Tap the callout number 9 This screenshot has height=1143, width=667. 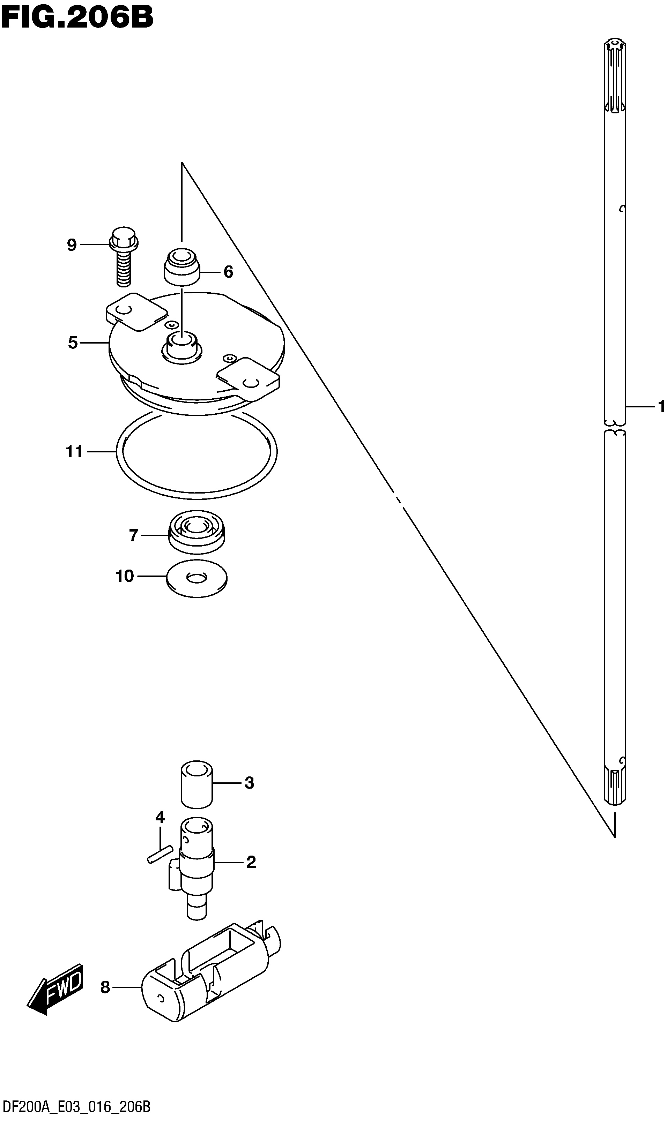tap(72, 245)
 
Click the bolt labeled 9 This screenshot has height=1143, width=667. tap(124, 257)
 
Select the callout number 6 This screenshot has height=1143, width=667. tap(228, 272)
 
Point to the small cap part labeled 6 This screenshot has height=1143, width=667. tap(181, 267)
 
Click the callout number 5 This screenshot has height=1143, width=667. tap(73, 343)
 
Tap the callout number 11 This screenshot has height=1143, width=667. tap(74, 452)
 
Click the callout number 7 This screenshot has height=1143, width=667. tap(133, 536)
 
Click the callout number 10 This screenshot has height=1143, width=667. tap(125, 576)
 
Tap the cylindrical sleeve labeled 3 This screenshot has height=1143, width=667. tap(197, 784)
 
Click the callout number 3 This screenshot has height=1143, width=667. tap(249, 782)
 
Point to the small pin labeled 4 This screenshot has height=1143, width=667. tap(159, 855)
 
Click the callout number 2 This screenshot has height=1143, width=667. tap(251, 862)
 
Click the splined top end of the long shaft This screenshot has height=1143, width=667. tap(615, 75)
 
